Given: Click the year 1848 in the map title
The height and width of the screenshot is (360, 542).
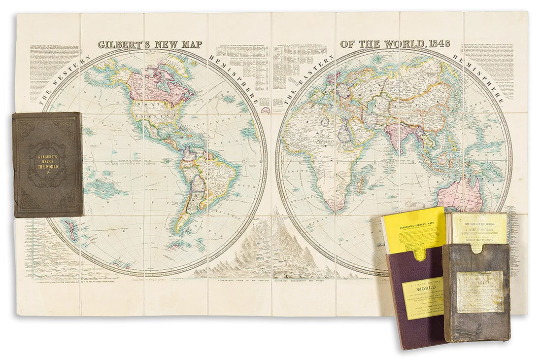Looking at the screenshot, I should (x=437, y=43).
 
